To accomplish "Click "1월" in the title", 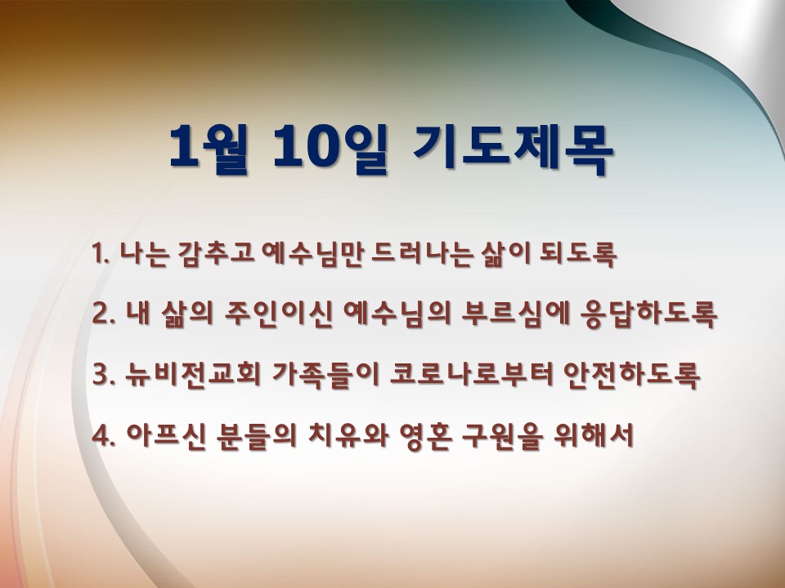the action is pyautogui.click(x=209, y=149).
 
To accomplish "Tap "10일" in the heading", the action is pyautogui.click(x=330, y=149).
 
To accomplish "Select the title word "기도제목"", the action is pyautogui.click(x=514, y=149).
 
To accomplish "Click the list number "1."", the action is pyautogui.click(x=101, y=253).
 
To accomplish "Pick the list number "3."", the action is pyautogui.click(x=103, y=375).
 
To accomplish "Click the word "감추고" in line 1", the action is pyautogui.click(x=216, y=254).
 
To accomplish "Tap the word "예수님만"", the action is pyautogui.click(x=313, y=254).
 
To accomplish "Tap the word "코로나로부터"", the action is pyautogui.click(x=472, y=375).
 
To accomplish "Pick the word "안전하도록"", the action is pyautogui.click(x=632, y=375).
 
